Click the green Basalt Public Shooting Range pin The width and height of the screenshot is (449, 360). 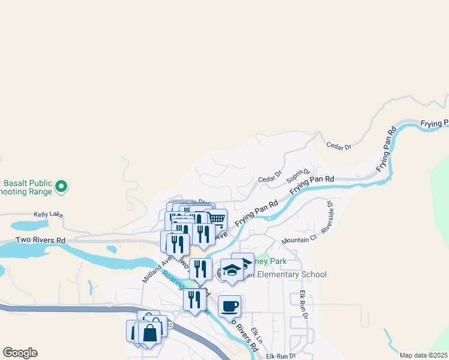(x=61, y=187)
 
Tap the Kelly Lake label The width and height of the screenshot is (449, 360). (x=48, y=214)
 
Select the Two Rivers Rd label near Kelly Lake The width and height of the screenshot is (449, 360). (x=41, y=240)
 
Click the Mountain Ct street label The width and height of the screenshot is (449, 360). (x=299, y=239)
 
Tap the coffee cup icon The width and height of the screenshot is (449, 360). (x=229, y=307)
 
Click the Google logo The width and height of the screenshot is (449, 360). (x=20, y=353)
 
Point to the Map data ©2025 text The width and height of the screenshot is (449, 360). (x=423, y=355)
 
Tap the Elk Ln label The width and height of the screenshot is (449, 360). (x=258, y=334)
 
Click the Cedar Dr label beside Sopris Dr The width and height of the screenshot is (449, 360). (x=270, y=178)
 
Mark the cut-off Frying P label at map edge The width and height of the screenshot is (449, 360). (x=434, y=124)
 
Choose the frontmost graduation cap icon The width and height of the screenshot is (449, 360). (x=232, y=270)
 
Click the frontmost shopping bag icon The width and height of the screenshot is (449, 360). (x=150, y=331)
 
